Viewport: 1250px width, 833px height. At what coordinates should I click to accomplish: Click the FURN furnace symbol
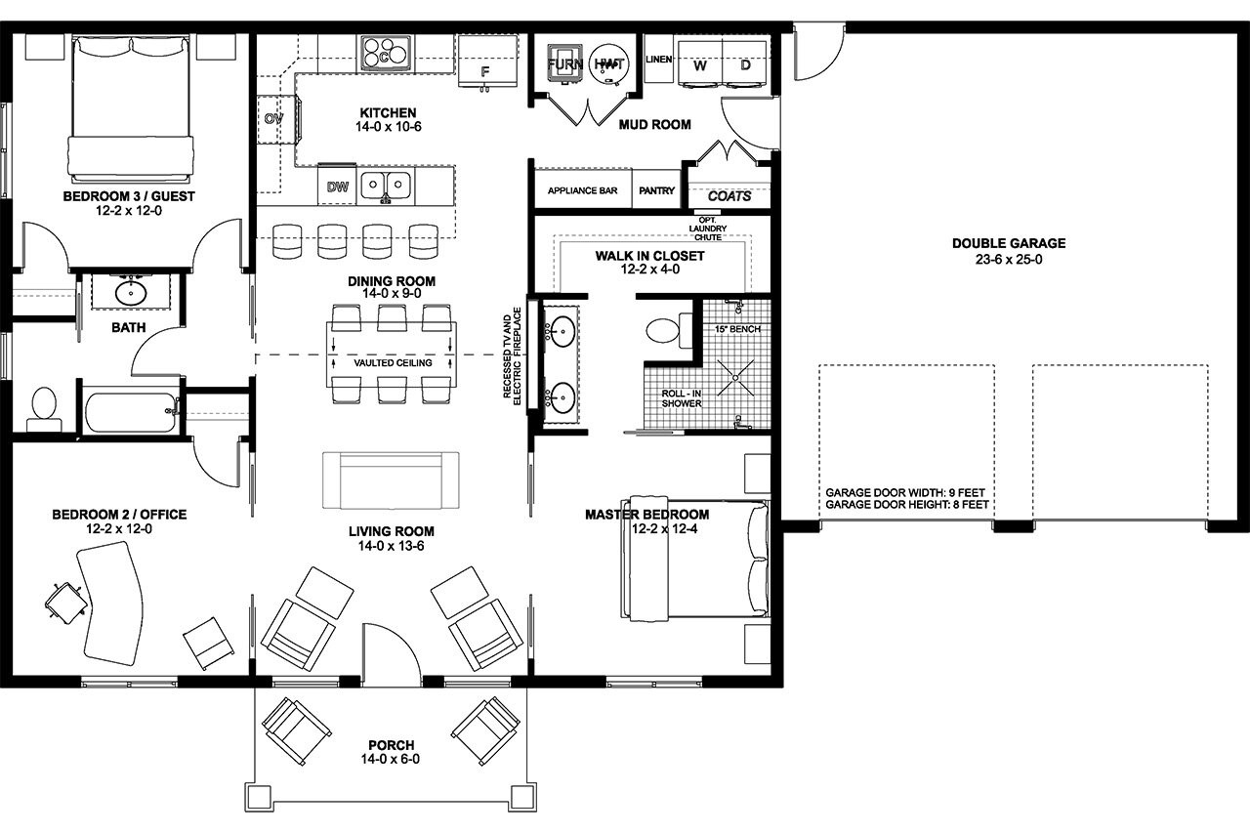[x=564, y=64]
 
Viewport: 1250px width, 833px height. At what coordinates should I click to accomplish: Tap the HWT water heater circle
[x=609, y=64]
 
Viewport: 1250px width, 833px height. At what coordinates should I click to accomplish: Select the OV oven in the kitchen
[x=273, y=118]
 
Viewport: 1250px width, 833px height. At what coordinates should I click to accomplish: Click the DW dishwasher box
[x=337, y=187]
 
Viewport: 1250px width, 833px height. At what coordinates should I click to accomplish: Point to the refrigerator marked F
[x=485, y=64]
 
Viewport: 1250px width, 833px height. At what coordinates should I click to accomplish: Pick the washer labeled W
[x=699, y=65]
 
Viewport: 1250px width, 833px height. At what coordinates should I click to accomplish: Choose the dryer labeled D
[x=745, y=65]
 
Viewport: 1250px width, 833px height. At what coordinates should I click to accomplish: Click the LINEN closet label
[x=659, y=60]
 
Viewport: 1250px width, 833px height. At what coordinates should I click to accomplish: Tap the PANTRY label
[x=656, y=190]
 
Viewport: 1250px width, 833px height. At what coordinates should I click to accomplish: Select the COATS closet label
[x=729, y=196]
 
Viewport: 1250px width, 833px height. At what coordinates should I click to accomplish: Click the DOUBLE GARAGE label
[x=1009, y=243]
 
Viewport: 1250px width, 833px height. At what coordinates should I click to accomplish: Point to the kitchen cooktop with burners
[x=385, y=54]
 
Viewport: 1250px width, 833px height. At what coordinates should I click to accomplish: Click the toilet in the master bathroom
[x=668, y=329]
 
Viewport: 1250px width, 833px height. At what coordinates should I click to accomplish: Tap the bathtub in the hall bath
[x=132, y=412]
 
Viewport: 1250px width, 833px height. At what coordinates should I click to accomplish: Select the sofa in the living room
[x=391, y=479]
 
